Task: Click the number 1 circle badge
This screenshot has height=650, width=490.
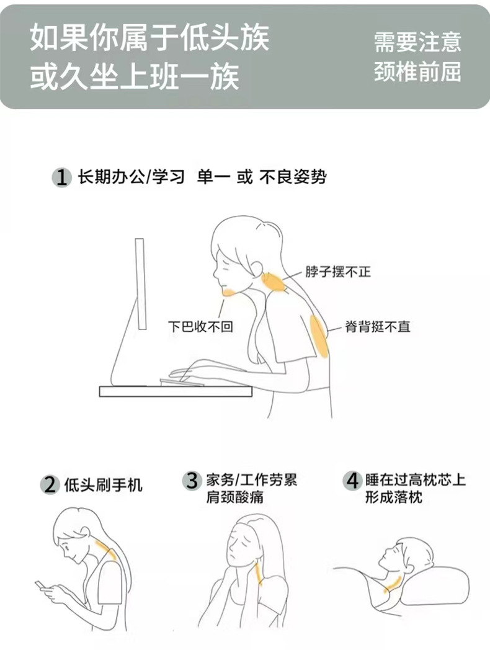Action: (x=61, y=178)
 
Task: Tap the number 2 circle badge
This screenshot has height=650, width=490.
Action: (x=50, y=484)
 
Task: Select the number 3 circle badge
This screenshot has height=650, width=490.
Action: (x=192, y=481)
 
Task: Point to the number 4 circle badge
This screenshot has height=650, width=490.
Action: (x=352, y=481)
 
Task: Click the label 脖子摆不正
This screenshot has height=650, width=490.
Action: (x=338, y=272)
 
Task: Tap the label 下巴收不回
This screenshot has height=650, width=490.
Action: (x=200, y=326)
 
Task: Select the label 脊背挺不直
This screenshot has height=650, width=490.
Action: (x=378, y=327)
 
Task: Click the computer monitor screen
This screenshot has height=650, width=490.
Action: (x=141, y=284)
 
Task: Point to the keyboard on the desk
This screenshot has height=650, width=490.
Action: (x=182, y=381)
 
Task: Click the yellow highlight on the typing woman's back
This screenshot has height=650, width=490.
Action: (x=319, y=336)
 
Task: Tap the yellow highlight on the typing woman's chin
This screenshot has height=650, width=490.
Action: (x=230, y=292)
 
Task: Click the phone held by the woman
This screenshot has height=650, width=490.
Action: (x=42, y=586)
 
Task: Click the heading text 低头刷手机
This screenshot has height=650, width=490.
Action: (x=104, y=484)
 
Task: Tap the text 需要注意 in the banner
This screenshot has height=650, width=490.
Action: (x=417, y=42)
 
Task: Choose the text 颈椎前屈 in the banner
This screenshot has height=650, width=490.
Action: (x=417, y=71)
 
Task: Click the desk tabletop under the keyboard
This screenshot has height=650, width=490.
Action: (x=176, y=391)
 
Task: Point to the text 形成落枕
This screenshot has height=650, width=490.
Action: (x=393, y=496)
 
